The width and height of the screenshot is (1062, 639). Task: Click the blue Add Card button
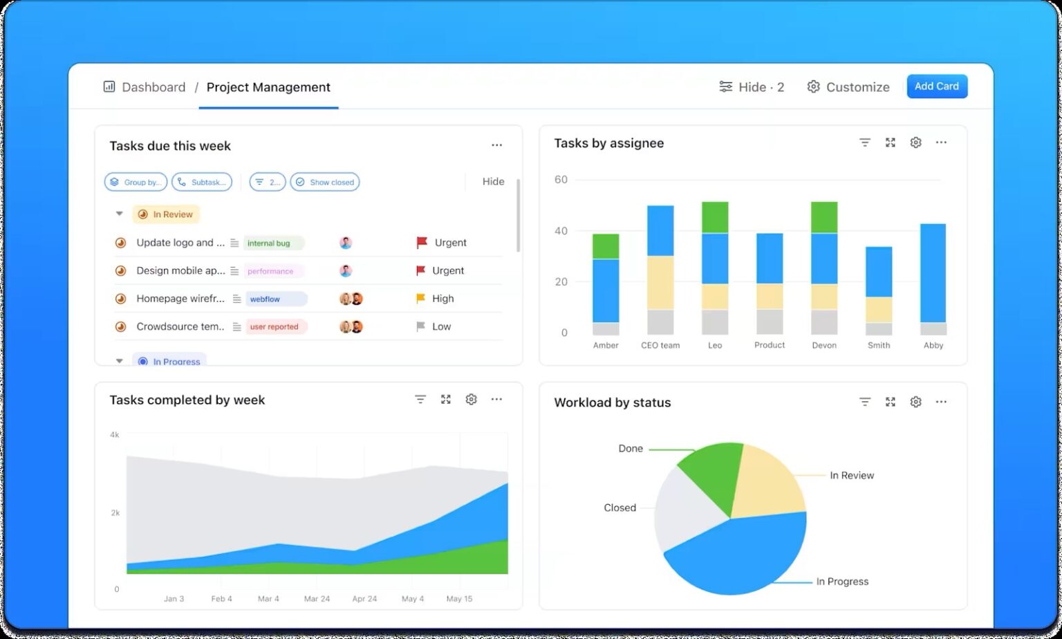click(x=937, y=86)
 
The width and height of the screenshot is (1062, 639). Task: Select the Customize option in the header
click(x=848, y=87)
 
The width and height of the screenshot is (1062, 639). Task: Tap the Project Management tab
click(x=268, y=87)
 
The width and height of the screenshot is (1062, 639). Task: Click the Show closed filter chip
click(x=325, y=182)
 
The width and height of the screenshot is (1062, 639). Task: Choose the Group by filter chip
click(x=136, y=182)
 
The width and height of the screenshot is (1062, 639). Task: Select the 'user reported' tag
click(x=275, y=326)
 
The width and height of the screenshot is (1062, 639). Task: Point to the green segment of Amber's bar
click(x=606, y=246)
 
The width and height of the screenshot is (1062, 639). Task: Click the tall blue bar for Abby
click(x=933, y=272)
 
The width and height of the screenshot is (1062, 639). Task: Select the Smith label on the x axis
click(x=879, y=345)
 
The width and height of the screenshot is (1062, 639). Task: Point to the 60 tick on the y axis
click(x=561, y=180)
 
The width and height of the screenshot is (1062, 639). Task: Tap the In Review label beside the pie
click(x=852, y=475)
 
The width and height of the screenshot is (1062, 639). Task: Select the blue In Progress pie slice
click(x=740, y=553)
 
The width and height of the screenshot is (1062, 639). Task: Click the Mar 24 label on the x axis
click(x=317, y=598)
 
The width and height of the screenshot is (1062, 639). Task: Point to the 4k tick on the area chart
click(x=115, y=435)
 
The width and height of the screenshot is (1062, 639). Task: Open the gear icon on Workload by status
click(x=915, y=402)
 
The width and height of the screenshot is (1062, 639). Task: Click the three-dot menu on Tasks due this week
click(x=496, y=145)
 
